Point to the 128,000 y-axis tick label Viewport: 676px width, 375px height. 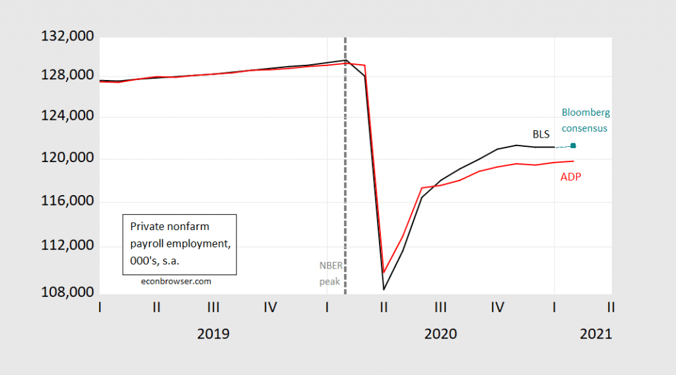point(56,75)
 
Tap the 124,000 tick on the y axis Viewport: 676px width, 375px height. point(56,117)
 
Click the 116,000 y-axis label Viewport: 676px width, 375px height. point(56,202)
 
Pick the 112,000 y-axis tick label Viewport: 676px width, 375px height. point(56,246)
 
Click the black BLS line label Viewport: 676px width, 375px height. point(541,133)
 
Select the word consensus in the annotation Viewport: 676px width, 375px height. point(584,128)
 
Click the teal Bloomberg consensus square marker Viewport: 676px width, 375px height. point(573,146)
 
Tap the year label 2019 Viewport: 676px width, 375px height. point(213,334)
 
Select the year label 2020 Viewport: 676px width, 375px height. point(440,334)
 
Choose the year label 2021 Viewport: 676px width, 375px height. point(595,334)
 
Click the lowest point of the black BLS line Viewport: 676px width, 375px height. point(383,289)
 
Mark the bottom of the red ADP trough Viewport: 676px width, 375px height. point(384,272)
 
